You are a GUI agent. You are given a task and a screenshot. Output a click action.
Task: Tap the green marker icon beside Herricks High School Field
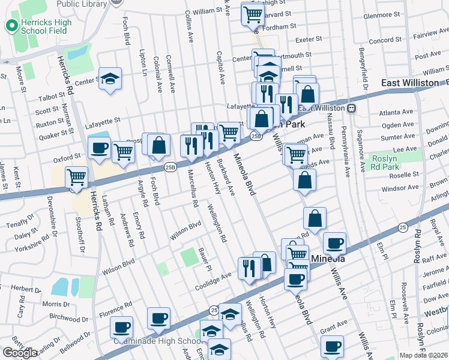click(x=10, y=26)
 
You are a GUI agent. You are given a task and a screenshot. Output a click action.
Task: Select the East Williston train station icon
click(x=352, y=108)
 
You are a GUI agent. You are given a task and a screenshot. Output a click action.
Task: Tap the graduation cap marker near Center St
click(x=110, y=79)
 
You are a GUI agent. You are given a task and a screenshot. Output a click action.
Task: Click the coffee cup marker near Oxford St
click(x=99, y=147)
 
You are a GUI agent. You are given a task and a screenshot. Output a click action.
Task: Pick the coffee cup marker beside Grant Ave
click(x=332, y=346)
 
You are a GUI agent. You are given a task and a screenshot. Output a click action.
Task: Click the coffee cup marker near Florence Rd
click(x=121, y=328)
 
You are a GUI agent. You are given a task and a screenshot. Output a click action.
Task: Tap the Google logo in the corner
click(x=20, y=353)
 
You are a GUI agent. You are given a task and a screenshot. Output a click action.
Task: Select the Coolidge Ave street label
click(x=213, y=278)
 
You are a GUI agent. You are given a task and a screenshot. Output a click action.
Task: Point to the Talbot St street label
click(x=51, y=96)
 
